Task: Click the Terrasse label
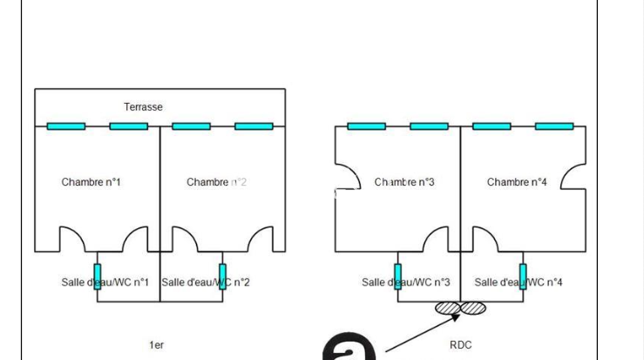[x=143, y=107]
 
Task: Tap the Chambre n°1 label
[x=91, y=182]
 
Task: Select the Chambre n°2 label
[x=216, y=182]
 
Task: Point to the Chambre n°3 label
[x=404, y=182]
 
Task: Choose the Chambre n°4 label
[x=517, y=182]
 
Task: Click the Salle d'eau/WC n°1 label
[x=105, y=282]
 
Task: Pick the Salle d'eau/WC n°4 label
[x=519, y=282]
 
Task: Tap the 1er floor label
[x=157, y=345]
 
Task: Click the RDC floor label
[x=460, y=345]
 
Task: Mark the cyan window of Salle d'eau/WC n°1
[x=98, y=277]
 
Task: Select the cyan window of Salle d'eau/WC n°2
[x=222, y=277]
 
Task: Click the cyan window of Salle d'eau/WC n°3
[x=397, y=277]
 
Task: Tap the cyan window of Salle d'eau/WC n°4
[x=523, y=277]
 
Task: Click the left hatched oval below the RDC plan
[x=448, y=308]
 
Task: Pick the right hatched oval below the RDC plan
[x=473, y=308]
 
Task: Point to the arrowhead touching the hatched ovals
[x=456, y=316]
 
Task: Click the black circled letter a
[x=349, y=347]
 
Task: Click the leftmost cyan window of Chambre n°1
[x=66, y=126]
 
